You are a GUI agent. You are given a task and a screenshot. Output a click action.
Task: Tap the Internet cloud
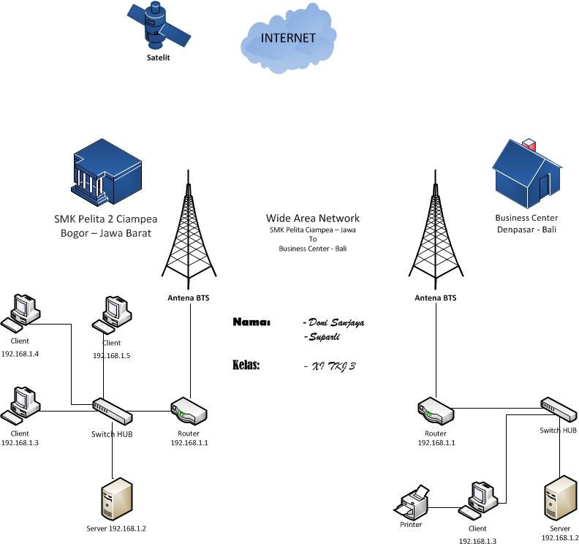(288, 43)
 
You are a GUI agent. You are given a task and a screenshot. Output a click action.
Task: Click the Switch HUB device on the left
(113, 412)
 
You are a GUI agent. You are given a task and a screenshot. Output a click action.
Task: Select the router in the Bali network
(435, 412)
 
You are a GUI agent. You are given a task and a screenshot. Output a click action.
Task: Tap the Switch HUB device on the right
(559, 410)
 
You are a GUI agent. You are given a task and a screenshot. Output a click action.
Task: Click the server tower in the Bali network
(560, 498)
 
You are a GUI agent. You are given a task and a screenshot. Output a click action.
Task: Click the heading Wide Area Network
(312, 219)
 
